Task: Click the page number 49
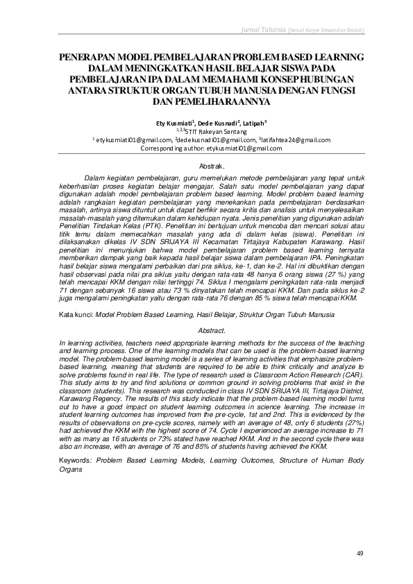coord(360,553)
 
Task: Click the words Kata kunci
coord(76,314)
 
